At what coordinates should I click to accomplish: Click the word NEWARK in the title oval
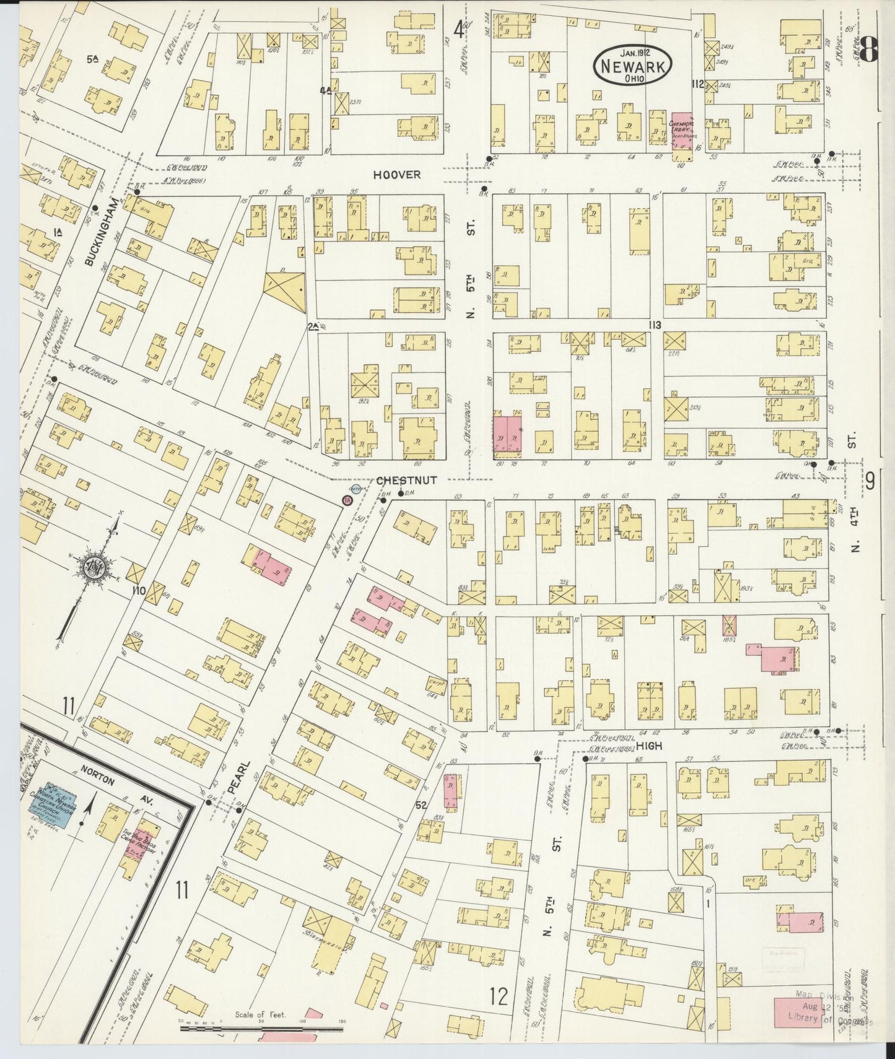[632, 66]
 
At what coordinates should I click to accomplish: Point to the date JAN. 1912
[632, 53]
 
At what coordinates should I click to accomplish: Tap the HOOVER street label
[396, 175]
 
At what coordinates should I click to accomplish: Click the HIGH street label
[648, 746]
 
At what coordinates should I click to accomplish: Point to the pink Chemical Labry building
[682, 130]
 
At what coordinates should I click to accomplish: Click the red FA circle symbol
[347, 500]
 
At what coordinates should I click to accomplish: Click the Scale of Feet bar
[260, 1029]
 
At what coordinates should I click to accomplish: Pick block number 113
[654, 325]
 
